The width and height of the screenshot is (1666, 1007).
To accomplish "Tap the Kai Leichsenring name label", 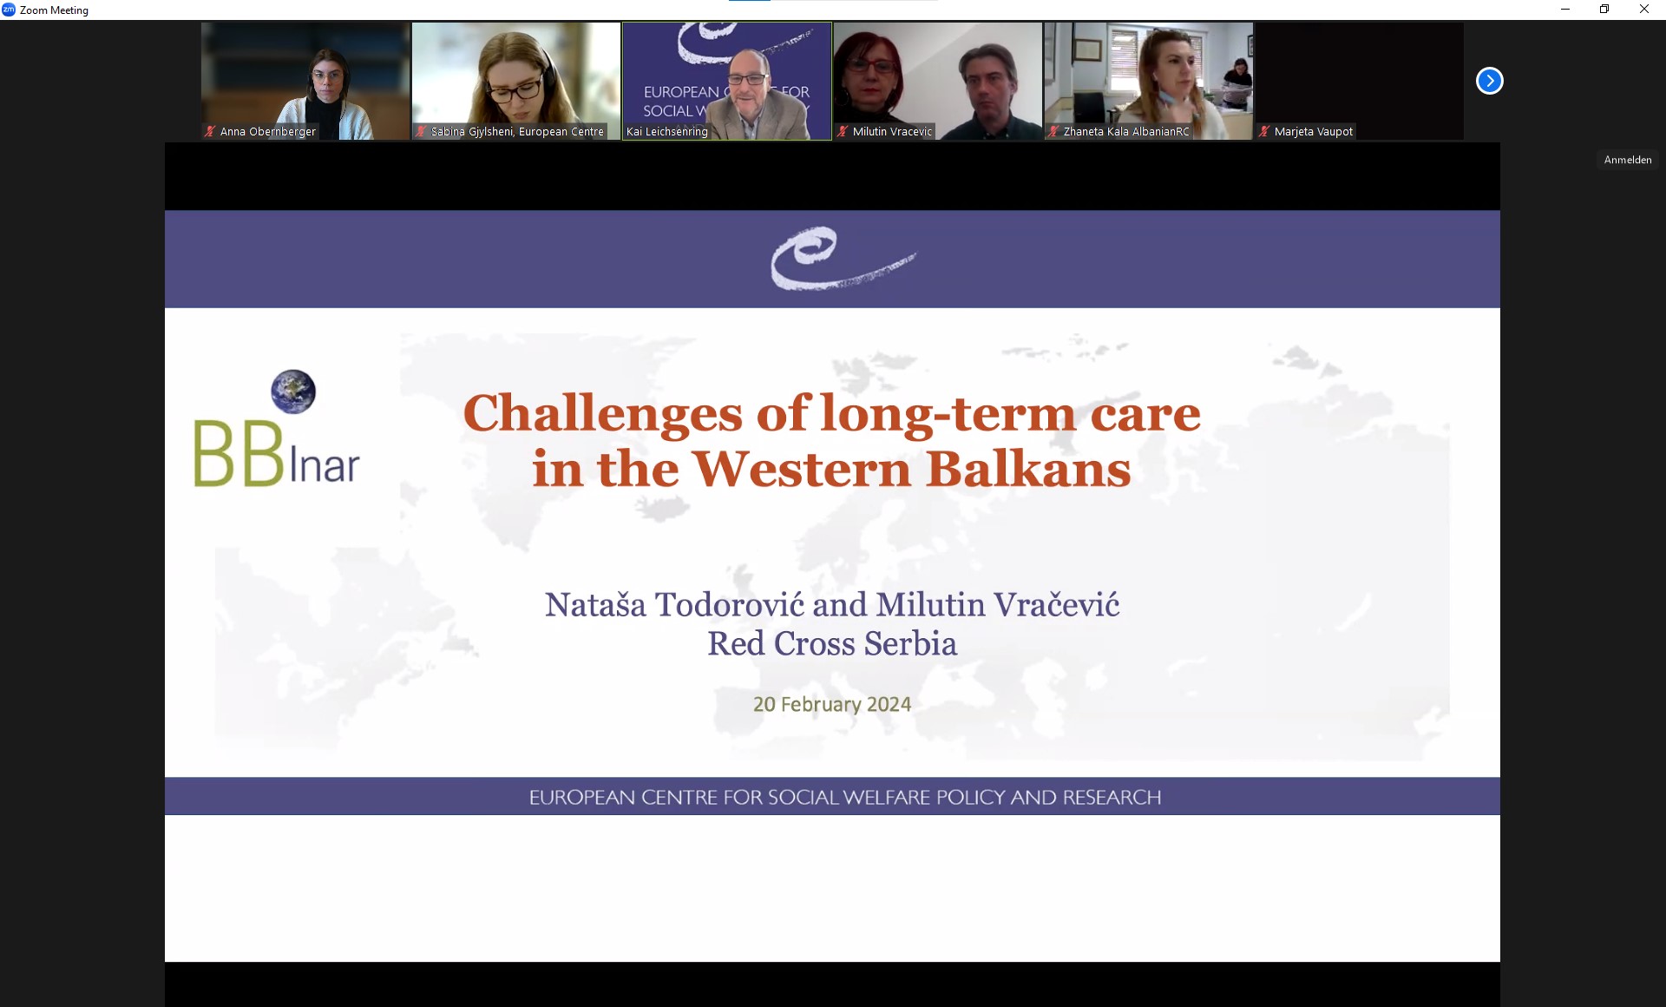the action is [x=666, y=132].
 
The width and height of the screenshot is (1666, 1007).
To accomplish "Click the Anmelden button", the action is [x=1628, y=160].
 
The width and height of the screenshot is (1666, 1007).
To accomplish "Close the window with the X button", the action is [x=1643, y=10].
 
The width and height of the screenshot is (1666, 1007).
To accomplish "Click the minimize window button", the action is [x=1565, y=10].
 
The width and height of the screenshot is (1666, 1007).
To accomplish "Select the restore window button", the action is [x=1604, y=10].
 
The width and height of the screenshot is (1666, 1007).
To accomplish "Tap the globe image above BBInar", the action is [x=293, y=392].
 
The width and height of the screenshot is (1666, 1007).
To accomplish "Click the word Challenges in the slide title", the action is [x=603, y=414].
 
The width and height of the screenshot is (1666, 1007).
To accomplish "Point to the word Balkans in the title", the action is [x=1028, y=470].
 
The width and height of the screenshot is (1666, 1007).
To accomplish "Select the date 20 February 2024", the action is [x=832, y=704].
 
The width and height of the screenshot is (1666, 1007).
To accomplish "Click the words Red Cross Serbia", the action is [x=832, y=643].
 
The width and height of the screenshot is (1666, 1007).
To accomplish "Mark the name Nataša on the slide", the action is [x=595, y=604].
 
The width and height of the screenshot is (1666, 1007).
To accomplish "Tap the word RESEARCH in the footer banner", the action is [x=1112, y=797].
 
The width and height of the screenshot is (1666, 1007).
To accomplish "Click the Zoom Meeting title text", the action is [x=54, y=10].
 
